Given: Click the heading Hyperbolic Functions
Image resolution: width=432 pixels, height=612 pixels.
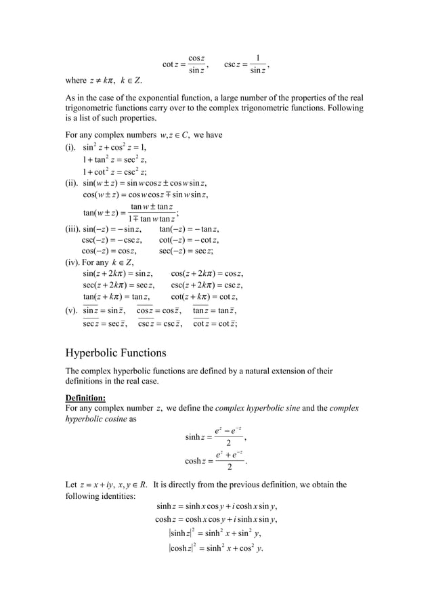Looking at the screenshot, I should point(116,353).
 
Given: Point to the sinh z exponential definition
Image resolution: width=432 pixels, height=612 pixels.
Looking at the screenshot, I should point(215,436).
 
